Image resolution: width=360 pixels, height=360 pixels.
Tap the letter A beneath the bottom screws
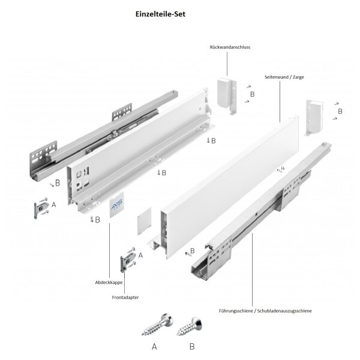pyautogui.click(x=154, y=347)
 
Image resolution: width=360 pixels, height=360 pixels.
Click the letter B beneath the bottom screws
pyautogui.click(x=192, y=347)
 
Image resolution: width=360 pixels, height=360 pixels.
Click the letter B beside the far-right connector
pyautogui.click(x=340, y=112)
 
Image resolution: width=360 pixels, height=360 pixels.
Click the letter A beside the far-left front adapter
pyautogui.click(x=55, y=204)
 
